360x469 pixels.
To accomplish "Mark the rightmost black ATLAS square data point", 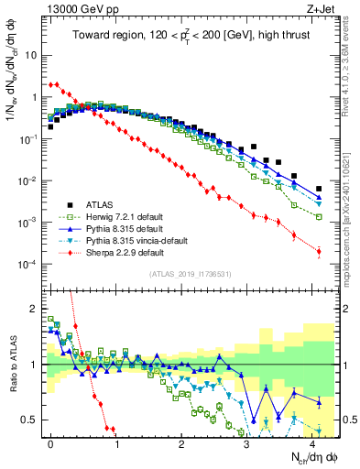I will pyautogui.click(x=319, y=189).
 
